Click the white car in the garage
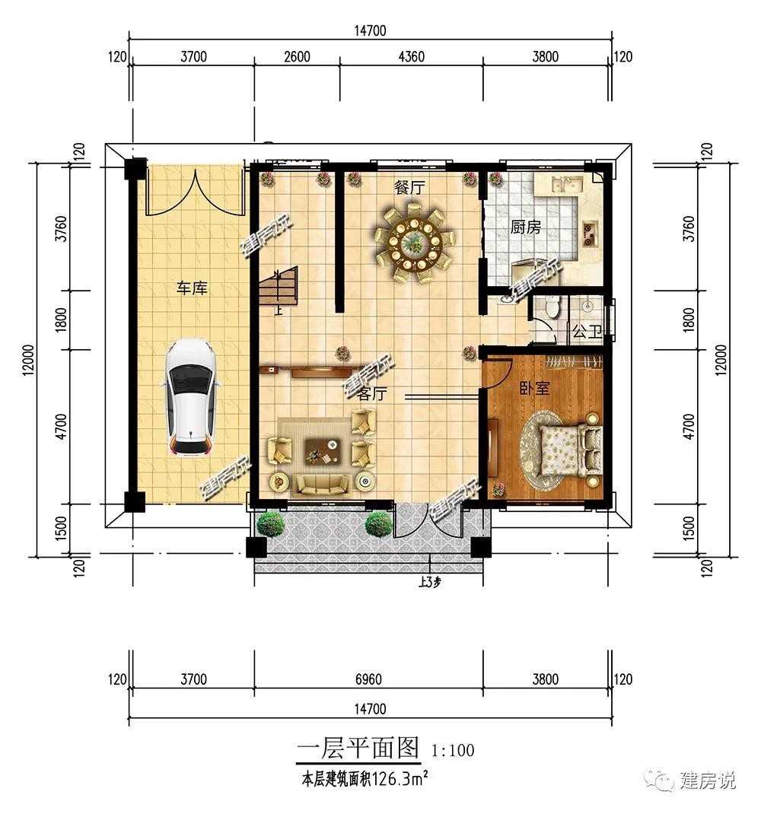tap(191, 398)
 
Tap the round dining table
tap(414, 243)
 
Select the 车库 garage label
tap(192, 288)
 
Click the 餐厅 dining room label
tap(409, 188)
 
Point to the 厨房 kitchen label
tap(525, 227)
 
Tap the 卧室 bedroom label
tap(534, 388)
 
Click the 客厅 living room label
tap(372, 394)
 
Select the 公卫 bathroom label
tap(587, 331)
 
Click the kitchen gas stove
tap(590, 233)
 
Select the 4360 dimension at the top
tap(412, 56)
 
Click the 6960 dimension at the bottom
tap(368, 679)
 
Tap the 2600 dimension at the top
tap(297, 56)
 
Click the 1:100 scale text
tap(453, 751)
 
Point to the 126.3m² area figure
tap(399, 779)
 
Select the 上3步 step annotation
tap(430, 583)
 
